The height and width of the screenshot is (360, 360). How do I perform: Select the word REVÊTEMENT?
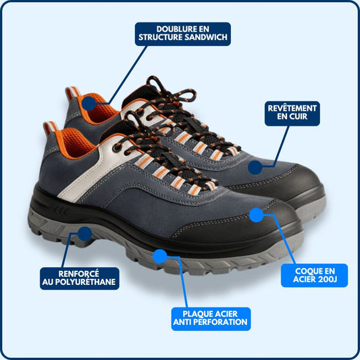[292, 108]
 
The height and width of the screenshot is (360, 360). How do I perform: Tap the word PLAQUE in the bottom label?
[197, 314]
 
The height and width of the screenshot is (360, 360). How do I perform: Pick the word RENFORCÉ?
[79, 274]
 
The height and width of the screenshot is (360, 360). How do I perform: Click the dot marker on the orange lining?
[89, 103]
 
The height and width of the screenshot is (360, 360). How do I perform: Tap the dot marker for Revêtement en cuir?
[255, 167]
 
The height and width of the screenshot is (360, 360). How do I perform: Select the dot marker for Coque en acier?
[256, 215]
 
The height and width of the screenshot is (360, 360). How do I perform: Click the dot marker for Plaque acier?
[159, 256]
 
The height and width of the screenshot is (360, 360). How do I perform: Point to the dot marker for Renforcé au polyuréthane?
[85, 234]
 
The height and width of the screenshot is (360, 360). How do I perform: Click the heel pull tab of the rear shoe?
[72, 93]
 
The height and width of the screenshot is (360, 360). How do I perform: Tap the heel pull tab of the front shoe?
[50, 128]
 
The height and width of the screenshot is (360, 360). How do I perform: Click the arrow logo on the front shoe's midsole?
[60, 211]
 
